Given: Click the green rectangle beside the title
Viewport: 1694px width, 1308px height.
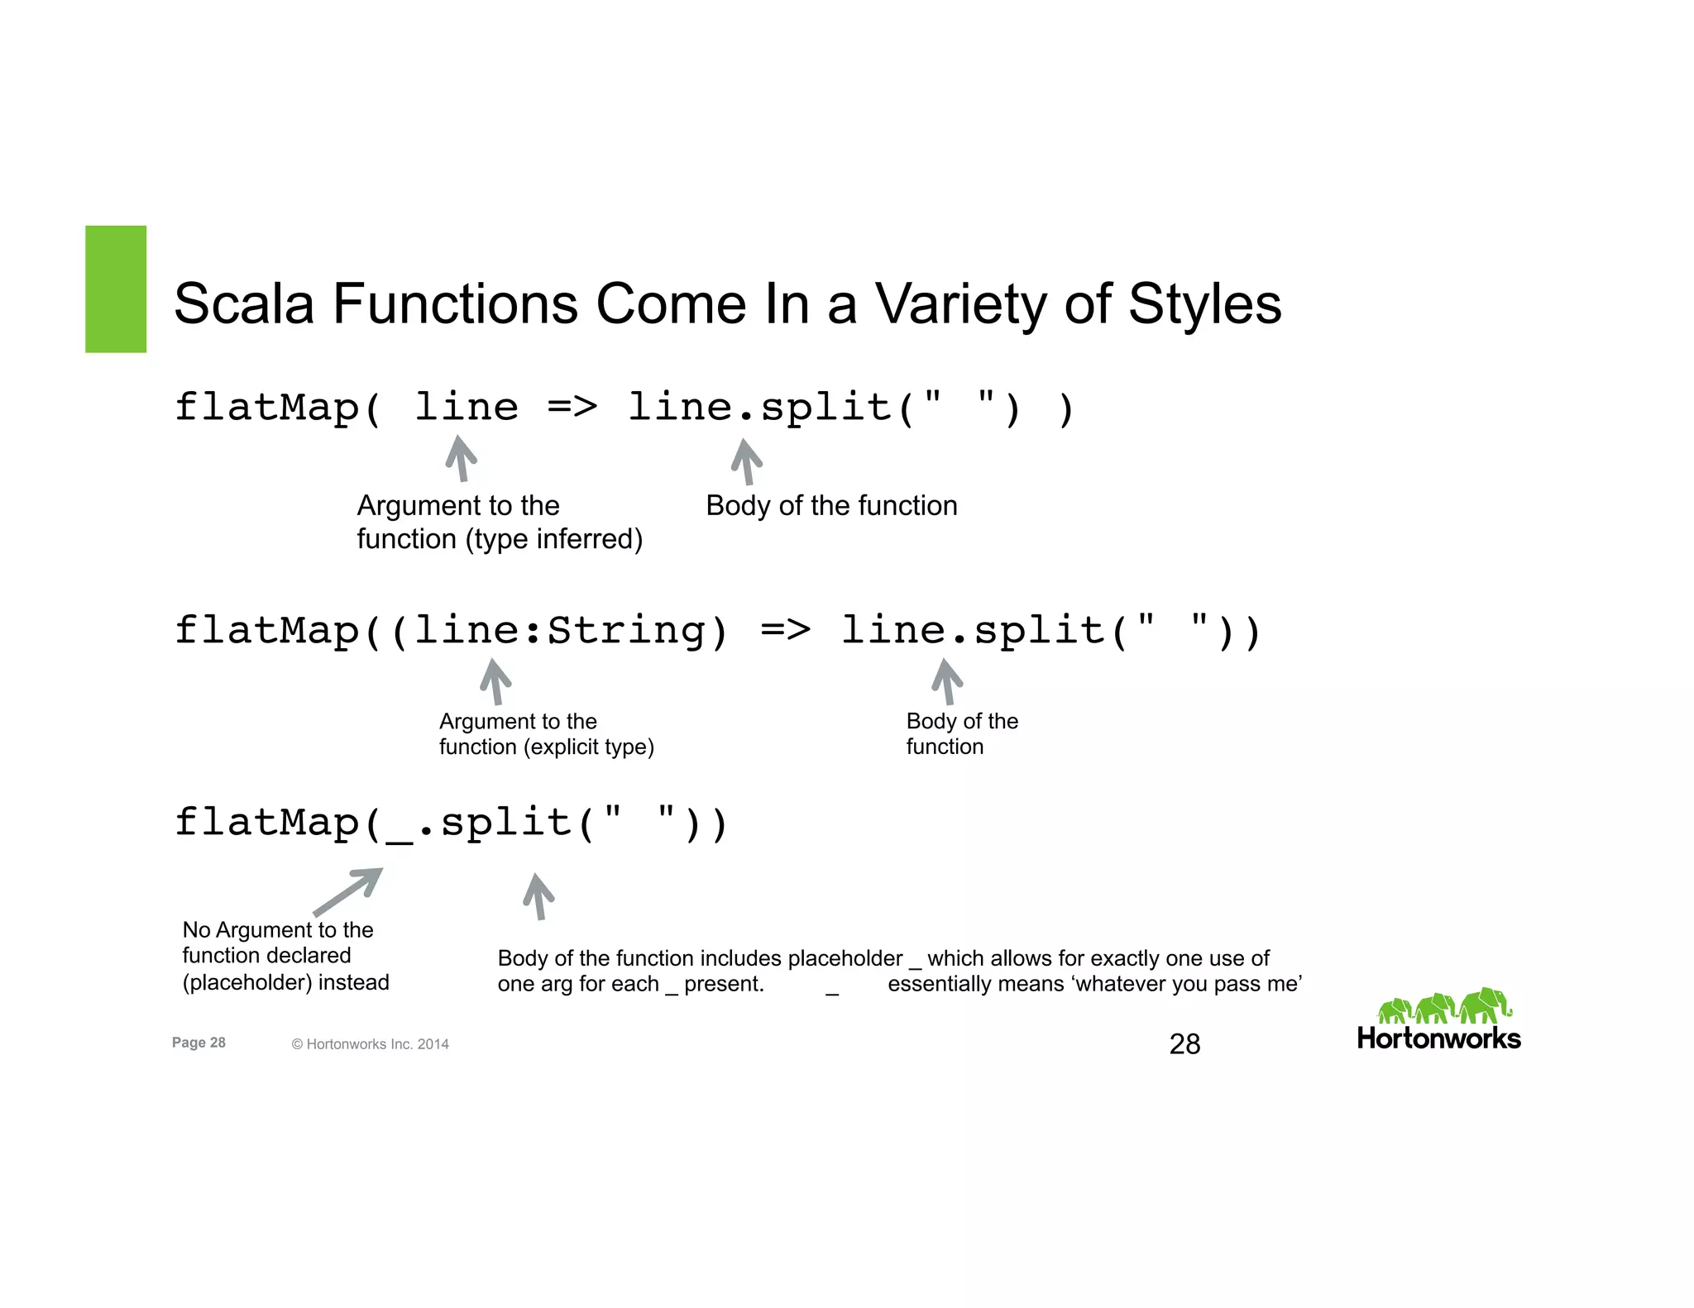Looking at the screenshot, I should pyautogui.click(x=116, y=289).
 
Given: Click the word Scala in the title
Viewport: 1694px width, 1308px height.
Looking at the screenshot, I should pyautogui.click(x=244, y=304).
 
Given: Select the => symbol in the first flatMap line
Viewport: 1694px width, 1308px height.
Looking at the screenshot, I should pyautogui.click(x=572, y=408).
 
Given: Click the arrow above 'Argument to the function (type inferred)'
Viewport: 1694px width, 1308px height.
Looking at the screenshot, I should pyautogui.click(x=462, y=458).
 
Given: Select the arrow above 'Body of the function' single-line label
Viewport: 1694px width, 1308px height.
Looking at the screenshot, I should pyautogui.click(x=746, y=461).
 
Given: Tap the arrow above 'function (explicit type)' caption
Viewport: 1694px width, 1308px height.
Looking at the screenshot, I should pyautogui.click(x=495, y=681).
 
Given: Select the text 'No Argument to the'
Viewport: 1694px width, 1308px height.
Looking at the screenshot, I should pyautogui.click(x=278, y=930).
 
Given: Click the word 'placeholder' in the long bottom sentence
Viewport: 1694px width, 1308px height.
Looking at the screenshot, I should pyautogui.click(x=845, y=958).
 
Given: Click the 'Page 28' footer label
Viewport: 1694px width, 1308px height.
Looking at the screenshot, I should pyautogui.click(x=199, y=1043).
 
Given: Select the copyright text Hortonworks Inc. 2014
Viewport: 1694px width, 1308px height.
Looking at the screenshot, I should pyautogui.click(x=377, y=1044).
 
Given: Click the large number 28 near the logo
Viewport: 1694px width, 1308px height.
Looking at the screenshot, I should pyautogui.click(x=1184, y=1044).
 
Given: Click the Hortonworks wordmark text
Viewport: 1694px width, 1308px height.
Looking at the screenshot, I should pyautogui.click(x=1438, y=1039).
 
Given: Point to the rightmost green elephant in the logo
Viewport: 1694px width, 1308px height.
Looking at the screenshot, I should pyautogui.click(x=1486, y=1005).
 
